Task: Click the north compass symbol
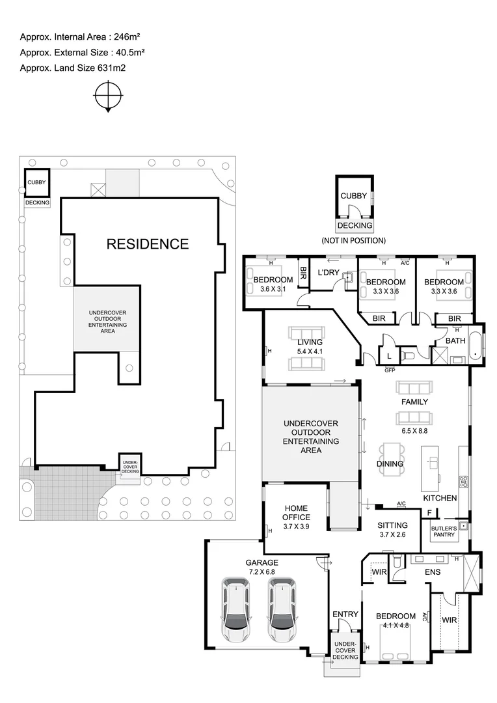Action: (108, 98)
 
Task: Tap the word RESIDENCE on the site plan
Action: (148, 244)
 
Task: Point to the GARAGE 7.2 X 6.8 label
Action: (262, 567)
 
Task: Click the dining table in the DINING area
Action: (392, 456)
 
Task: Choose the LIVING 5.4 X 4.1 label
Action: (310, 347)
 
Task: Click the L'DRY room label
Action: (329, 272)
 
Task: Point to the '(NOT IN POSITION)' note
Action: (354, 240)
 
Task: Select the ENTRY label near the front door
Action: (345, 614)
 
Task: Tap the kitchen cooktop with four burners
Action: (464, 482)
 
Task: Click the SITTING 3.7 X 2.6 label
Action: (392, 529)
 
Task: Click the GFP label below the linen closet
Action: (390, 370)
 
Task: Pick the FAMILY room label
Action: (414, 402)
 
